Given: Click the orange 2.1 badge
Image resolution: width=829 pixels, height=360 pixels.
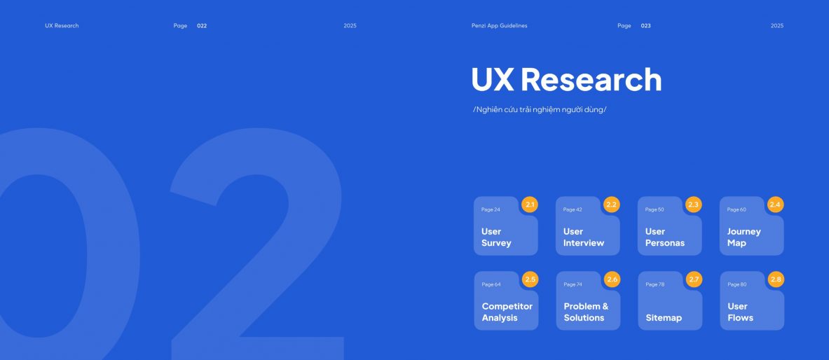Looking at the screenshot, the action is (x=530, y=205).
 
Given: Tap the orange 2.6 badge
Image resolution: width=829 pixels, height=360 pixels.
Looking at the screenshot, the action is (x=612, y=279).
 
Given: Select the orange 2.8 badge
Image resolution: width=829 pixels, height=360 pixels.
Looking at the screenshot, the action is (x=776, y=279).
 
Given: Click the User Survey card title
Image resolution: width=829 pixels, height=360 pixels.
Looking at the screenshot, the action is (x=496, y=237).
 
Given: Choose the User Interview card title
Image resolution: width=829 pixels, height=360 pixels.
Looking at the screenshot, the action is (x=583, y=237).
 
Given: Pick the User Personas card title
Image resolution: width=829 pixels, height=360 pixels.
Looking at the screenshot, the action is (x=664, y=237).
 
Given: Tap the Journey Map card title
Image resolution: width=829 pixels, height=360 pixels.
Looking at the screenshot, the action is (x=744, y=237).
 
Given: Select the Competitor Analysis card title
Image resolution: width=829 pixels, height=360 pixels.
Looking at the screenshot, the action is (x=507, y=312).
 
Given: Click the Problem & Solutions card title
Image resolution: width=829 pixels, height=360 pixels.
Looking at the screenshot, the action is (x=586, y=312).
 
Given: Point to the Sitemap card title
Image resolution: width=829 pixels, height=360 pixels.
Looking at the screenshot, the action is (x=664, y=318).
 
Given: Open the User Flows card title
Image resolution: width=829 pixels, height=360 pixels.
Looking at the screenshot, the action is (x=740, y=312).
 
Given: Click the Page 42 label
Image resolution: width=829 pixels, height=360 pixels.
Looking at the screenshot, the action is (x=573, y=210).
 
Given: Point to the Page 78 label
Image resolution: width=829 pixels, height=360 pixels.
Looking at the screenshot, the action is (x=655, y=284).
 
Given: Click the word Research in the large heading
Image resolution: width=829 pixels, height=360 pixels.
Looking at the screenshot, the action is (x=591, y=79).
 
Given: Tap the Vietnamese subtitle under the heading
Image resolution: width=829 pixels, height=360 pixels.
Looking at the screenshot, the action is (x=540, y=110).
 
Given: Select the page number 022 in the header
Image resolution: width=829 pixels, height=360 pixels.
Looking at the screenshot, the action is (x=202, y=26).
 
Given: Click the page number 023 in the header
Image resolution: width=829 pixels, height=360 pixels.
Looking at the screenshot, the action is (x=646, y=26).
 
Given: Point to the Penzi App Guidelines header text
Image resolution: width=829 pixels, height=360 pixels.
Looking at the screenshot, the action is (x=499, y=26).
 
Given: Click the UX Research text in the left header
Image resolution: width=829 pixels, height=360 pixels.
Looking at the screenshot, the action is (x=62, y=26).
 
